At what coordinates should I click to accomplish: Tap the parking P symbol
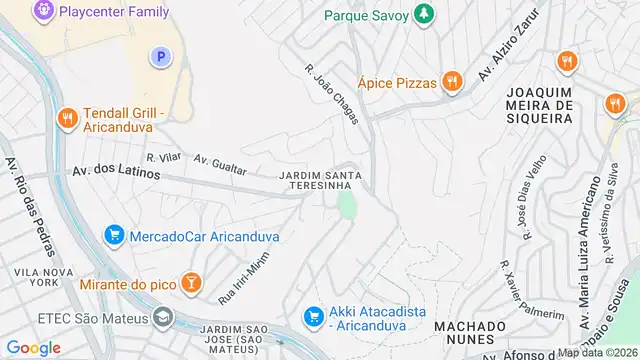coord(159,58)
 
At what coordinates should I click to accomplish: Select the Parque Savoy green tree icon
coord(425,13)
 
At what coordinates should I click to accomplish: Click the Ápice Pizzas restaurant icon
coord(452,82)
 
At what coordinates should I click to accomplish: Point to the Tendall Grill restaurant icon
coord(68,118)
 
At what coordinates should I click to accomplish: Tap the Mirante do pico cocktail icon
coord(190,284)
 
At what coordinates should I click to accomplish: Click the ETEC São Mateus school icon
coord(161,317)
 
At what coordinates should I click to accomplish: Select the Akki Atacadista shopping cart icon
coord(312,316)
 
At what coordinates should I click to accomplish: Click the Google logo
coord(33,347)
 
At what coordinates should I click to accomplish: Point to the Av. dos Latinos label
coord(116,172)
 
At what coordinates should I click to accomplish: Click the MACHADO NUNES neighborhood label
coord(470,335)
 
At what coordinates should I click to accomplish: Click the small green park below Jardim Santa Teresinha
coord(347,208)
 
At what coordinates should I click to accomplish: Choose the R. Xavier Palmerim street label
coord(529,294)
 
